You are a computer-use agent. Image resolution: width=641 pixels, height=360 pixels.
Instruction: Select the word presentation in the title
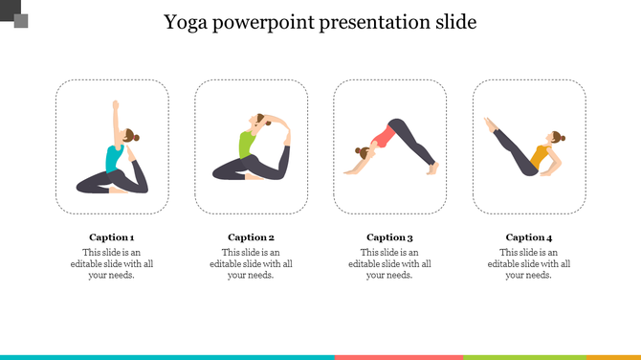pyautogui.click(x=369, y=22)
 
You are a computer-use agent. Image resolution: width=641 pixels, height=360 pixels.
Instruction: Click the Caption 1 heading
pyautogui.click(x=112, y=237)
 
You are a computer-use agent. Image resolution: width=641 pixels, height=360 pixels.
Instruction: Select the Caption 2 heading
pyautogui.click(x=251, y=237)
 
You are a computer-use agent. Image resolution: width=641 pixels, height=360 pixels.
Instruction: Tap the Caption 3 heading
pyautogui.click(x=389, y=237)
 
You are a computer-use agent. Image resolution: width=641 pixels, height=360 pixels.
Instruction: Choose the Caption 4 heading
pyautogui.click(x=529, y=237)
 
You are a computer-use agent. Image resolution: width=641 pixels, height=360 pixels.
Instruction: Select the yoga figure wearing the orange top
pyautogui.click(x=526, y=149)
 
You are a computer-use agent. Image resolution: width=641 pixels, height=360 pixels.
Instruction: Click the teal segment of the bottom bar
pyautogui.click(x=167, y=356)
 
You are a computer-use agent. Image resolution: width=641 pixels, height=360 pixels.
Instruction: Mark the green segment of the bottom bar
pyautogui.click(x=523, y=356)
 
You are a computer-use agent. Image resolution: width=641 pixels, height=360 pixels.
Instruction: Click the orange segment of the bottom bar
pyautogui.click(x=612, y=356)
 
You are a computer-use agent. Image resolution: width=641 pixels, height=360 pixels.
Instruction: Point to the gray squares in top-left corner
pyautogui.click(x=15, y=15)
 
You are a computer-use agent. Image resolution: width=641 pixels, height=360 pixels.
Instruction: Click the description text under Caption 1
pyautogui.click(x=112, y=263)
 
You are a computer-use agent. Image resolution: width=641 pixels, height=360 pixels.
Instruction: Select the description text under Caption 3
pyautogui.click(x=389, y=263)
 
